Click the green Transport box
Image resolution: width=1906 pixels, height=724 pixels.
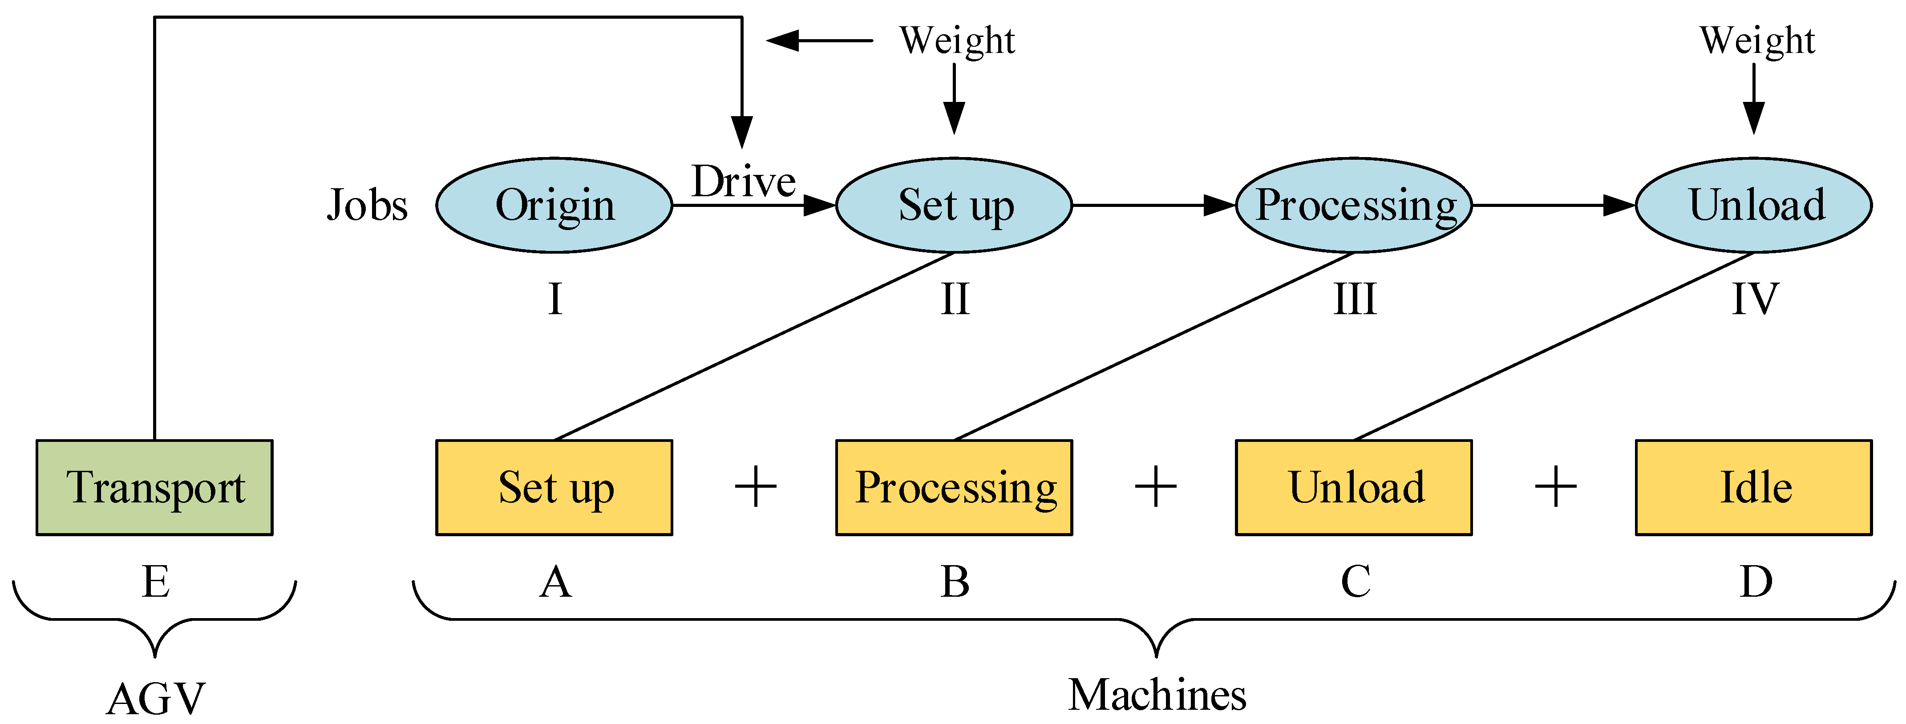(154, 487)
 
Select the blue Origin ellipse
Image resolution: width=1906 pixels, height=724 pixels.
(554, 205)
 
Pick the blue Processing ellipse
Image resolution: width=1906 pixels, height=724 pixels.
(1354, 205)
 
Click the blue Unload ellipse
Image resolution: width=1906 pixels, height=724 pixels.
(1753, 205)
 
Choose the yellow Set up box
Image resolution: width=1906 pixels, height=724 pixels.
(554, 487)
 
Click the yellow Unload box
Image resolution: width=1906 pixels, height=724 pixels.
(1354, 487)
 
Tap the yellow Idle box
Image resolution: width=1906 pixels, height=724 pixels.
(1753, 487)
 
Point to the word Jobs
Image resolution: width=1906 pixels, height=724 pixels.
(367, 205)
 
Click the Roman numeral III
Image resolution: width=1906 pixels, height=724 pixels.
(1354, 299)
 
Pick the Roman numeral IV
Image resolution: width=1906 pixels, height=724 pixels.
(1754, 299)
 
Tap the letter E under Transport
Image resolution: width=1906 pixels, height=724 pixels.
(155, 582)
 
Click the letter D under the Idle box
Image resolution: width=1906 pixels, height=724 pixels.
(1755, 582)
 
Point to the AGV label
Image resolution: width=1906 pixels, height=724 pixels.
(155, 699)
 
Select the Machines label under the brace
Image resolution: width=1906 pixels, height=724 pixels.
(1157, 695)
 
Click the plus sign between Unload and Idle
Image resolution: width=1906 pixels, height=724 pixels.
(1555, 487)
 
